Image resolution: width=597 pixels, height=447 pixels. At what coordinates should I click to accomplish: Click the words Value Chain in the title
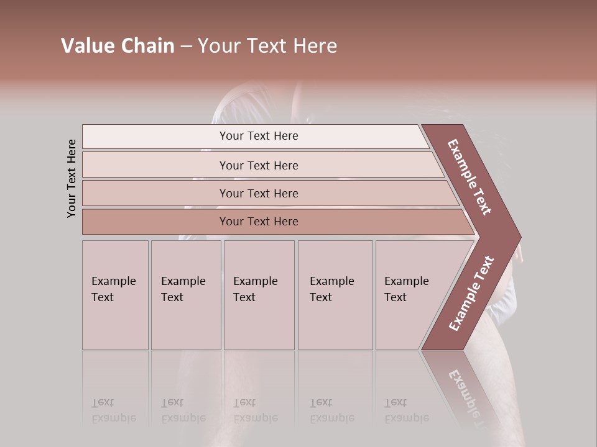(118, 46)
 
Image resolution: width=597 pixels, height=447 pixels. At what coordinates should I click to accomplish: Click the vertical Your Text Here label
(72, 178)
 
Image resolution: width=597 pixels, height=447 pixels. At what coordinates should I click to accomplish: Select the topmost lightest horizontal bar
(155, 137)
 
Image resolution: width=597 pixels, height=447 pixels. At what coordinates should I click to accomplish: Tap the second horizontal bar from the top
(155, 165)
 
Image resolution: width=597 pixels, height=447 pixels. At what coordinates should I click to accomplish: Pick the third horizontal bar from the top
(155, 193)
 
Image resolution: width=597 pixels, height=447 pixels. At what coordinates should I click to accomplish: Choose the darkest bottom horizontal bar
(155, 222)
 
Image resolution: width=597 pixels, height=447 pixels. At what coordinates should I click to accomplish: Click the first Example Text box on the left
(115, 295)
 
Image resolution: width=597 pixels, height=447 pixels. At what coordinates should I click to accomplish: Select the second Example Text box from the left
(186, 295)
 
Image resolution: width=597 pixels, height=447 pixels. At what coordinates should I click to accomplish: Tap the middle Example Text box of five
(259, 295)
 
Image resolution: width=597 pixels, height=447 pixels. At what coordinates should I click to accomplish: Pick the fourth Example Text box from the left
(335, 295)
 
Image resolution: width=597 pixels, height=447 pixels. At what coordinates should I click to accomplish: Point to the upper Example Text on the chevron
(470, 177)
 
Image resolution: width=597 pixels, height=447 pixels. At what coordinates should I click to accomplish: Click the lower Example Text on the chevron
(471, 294)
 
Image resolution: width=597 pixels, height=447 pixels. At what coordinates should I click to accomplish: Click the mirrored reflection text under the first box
(114, 410)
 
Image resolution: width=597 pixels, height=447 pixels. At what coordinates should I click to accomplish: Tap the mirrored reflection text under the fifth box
(407, 410)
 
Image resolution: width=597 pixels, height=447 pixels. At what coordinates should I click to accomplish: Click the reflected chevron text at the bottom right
(466, 391)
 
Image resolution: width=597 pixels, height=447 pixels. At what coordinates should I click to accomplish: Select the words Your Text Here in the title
(267, 46)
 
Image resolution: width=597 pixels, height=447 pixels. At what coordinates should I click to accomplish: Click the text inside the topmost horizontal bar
(259, 136)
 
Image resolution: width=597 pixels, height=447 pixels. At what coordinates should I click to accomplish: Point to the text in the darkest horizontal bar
(259, 222)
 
